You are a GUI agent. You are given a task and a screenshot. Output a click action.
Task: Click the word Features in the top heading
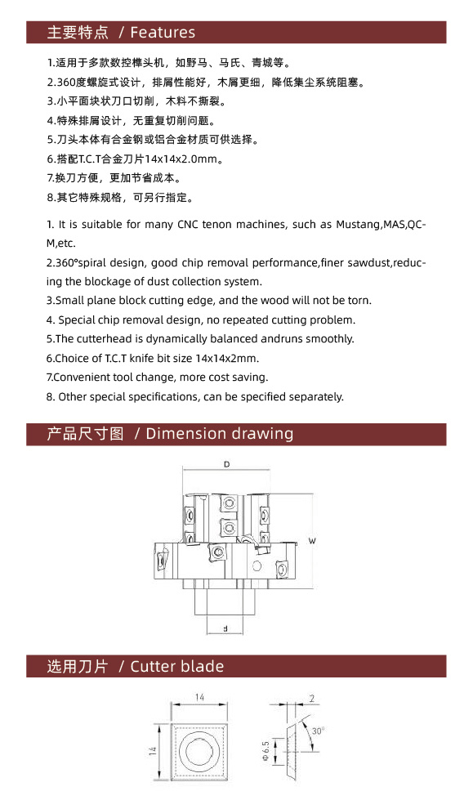163,33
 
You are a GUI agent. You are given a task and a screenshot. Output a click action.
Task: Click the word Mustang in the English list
359,225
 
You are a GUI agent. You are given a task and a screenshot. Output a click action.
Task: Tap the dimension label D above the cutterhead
226,464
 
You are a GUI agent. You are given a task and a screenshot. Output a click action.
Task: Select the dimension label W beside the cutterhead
312,541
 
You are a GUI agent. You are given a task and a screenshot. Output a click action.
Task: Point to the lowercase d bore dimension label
225,628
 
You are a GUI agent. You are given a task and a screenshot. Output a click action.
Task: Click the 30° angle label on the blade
318,731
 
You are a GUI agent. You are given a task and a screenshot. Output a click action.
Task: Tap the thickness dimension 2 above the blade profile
311,699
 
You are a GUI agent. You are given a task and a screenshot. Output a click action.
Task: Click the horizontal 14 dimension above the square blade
199,697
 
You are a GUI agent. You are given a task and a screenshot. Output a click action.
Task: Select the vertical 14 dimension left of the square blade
154,750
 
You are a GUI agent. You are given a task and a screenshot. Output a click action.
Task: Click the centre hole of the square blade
199,750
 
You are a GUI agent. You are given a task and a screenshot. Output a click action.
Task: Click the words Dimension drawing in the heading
220,433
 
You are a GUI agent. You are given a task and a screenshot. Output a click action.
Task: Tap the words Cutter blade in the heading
177,666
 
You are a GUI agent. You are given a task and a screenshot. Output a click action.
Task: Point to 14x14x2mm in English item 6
227,358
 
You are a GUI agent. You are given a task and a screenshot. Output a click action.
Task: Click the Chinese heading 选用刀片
78,666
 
